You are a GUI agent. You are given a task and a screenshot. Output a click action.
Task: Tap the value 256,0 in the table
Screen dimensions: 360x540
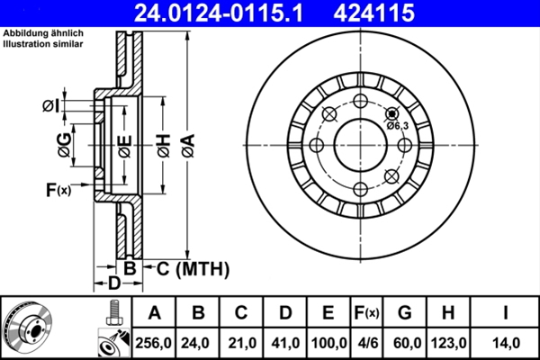pos(154,343)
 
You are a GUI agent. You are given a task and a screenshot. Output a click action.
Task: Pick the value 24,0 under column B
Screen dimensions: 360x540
pos(198,343)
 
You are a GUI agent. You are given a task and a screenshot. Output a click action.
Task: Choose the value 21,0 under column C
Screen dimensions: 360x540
pos(241,343)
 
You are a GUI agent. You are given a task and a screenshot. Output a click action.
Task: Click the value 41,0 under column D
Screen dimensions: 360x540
pos(284,343)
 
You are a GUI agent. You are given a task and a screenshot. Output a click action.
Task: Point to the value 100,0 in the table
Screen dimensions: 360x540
pos(328,343)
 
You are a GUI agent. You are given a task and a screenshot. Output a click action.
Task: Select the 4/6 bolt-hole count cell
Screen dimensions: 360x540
pos(367,343)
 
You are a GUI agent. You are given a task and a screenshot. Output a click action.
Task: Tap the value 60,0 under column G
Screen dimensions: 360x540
pos(404,343)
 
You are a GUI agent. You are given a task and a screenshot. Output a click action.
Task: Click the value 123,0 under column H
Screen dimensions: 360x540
pos(447,343)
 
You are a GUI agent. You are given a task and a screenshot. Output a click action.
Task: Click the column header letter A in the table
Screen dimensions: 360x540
pos(154,313)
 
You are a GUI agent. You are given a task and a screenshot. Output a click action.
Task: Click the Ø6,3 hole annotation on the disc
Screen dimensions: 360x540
pos(398,125)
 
